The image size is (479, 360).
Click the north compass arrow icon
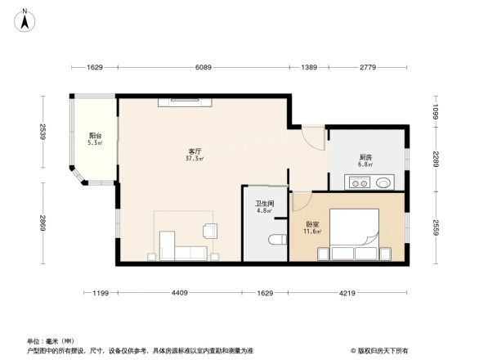pyautogui.click(x=25, y=20)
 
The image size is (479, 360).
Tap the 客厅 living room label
pyautogui.click(x=195, y=151)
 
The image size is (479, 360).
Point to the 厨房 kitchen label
pyautogui.click(x=365, y=157)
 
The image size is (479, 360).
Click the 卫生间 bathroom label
pyautogui.click(x=263, y=204)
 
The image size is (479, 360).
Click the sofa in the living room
pyautogui.click(x=183, y=250)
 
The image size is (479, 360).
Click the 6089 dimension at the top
pyautogui.click(x=204, y=67)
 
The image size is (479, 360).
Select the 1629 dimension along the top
pyautogui.click(x=95, y=67)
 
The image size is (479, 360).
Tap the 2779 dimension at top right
pyautogui.click(x=366, y=67)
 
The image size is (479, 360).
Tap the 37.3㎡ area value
pyautogui.click(x=195, y=160)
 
